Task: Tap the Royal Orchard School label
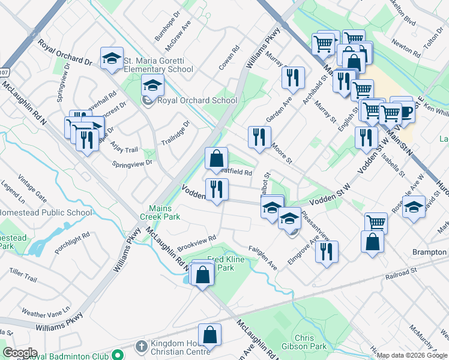coord(197,101)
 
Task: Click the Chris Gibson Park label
coord(312,342)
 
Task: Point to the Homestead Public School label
coord(46,212)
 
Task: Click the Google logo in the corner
coord(19,353)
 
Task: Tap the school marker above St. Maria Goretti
coord(112,58)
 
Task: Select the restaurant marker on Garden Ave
coord(259,137)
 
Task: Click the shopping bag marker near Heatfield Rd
coord(216,159)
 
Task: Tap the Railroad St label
coord(402,272)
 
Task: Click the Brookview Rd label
coord(196,244)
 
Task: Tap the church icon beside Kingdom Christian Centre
coord(140,346)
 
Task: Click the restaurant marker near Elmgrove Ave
coord(326,251)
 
